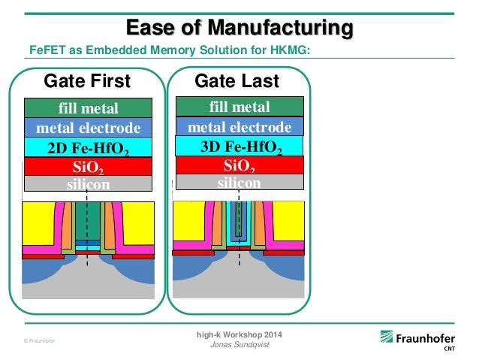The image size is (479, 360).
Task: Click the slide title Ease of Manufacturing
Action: (239, 29)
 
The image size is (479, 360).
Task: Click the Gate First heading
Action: (87, 80)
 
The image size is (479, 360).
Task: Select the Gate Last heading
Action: (236, 80)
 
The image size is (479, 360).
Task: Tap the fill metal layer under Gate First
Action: (88, 107)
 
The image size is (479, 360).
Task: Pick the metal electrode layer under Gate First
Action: (88, 127)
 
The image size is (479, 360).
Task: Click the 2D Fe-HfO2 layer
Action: (88, 147)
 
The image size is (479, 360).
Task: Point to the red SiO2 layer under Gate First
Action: (88, 166)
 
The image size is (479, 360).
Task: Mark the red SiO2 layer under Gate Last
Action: (239, 165)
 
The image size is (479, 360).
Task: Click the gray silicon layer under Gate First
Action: (88, 184)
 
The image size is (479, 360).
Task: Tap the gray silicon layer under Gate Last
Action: (239, 183)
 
